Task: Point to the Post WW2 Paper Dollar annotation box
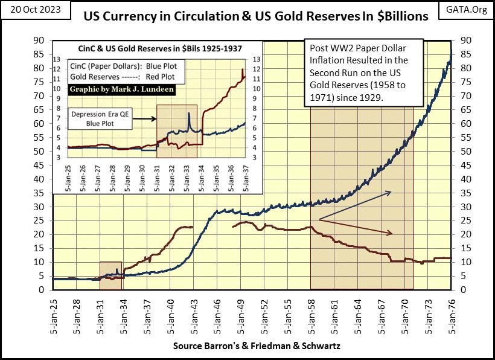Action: click(x=363, y=72)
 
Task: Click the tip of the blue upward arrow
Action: click(x=391, y=192)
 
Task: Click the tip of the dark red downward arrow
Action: click(x=394, y=233)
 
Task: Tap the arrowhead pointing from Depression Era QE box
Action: click(x=155, y=119)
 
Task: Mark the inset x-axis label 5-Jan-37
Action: click(x=245, y=179)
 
